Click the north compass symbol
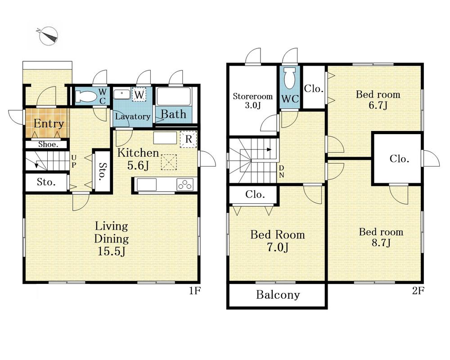point(48,36)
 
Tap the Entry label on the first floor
point(49,124)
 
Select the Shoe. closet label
point(48,144)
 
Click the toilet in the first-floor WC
point(86,96)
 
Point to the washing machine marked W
point(139,94)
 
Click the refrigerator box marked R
point(188,139)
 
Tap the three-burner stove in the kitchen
point(184,184)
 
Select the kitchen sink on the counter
point(147,184)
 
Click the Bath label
point(173,114)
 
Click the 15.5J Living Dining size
point(112,251)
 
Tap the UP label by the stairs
point(74,162)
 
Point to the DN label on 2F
point(282,171)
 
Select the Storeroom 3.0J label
point(252,100)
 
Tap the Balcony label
point(278,295)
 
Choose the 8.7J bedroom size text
point(381,243)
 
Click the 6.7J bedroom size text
point(378,105)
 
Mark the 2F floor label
point(418,291)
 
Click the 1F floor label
point(194,291)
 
